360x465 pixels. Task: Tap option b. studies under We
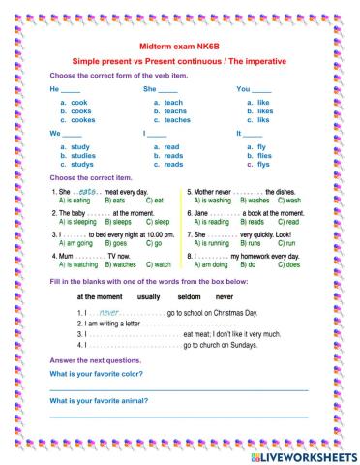[78, 155]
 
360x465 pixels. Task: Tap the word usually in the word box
[149, 296]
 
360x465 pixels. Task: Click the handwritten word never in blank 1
[109, 314]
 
